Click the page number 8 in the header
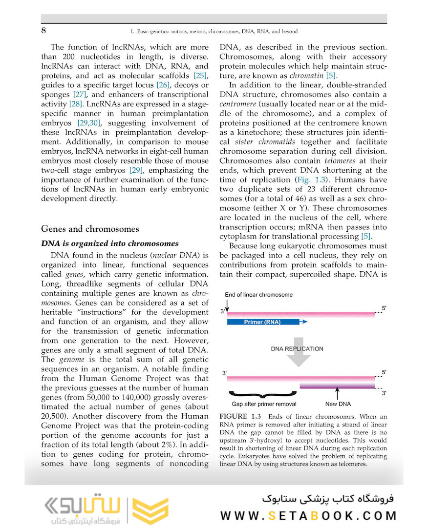pyautogui.click(x=44, y=31)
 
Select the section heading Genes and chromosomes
pyautogui.click(x=90, y=229)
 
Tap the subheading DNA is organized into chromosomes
pyautogui.click(x=110, y=243)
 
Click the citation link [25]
pyautogui.click(x=200, y=76)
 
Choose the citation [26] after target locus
pyautogui.click(x=162, y=85)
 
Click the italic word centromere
pyautogui.click(x=240, y=104)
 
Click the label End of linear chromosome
pyautogui.click(x=258, y=295)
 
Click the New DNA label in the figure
pyautogui.click(x=338, y=404)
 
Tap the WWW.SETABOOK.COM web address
pyautogui.click(x=308, y=516)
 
